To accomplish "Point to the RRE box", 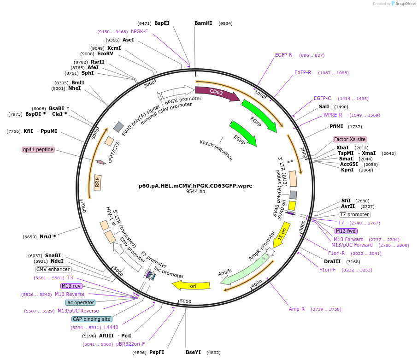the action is click(97, 183).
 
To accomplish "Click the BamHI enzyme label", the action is click(203, 23).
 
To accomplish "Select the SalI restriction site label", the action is click(324, 106).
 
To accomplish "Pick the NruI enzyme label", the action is click(46, 236).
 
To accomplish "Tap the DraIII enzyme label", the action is click(332, 262).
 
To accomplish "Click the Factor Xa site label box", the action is click(350, 139).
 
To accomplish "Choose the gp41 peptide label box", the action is click(38, 149).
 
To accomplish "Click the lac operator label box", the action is click(80, 302).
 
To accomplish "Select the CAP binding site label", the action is click(92, 319).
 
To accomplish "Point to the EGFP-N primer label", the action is click(283, 55).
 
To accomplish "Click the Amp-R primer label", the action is click(297, 309).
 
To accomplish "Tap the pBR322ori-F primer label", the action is click(130, 344).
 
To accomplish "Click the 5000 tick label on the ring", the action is click(186, 301).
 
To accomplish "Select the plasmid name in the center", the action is click(195, 186).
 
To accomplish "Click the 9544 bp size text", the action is click(196, 191).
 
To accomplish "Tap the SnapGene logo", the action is click(403, 4).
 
